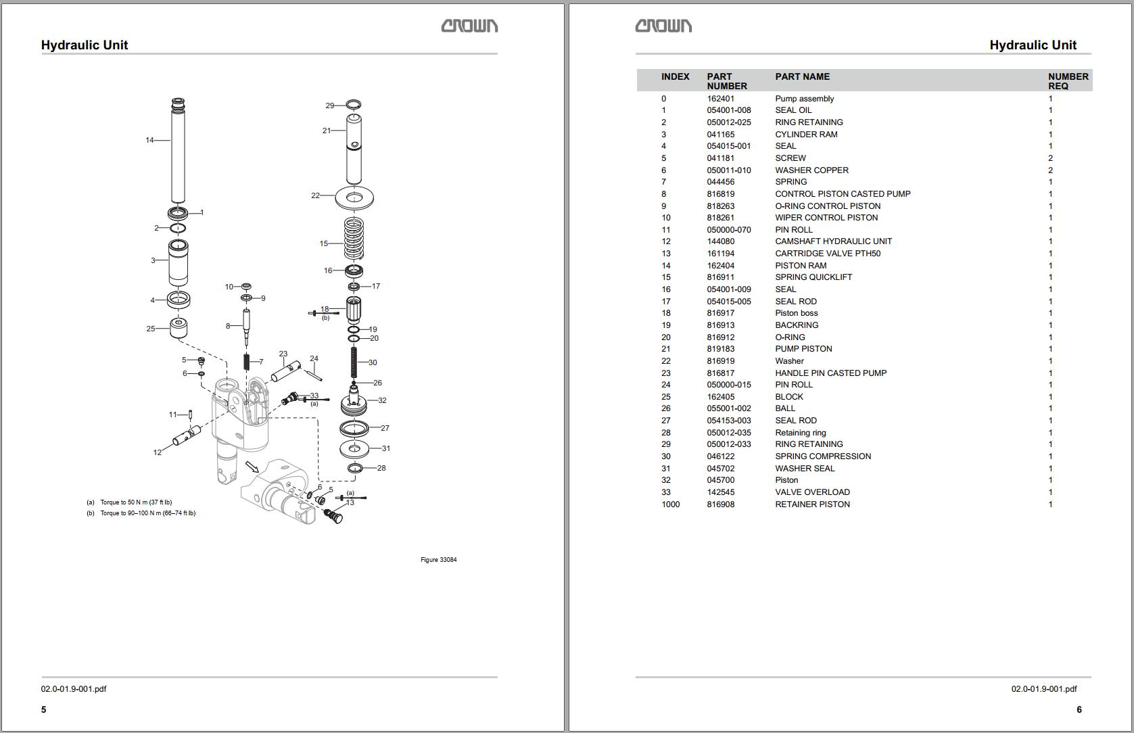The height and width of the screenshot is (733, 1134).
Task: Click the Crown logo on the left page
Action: pos(469,26)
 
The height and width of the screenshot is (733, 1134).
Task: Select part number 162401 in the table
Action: pos(720,99)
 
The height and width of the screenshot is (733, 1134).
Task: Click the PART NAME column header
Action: pos(802,76)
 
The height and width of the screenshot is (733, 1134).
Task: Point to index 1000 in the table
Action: pos(670,504)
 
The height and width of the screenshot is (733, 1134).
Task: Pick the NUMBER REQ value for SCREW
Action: pos(1050,158)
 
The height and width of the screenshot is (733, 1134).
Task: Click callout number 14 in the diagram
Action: pos(149,140)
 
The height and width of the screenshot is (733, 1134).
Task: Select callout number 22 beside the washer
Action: pos(315,195)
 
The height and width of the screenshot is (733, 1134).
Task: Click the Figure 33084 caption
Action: pos(438,560)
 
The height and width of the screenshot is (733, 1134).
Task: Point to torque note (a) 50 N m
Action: pos(135,502)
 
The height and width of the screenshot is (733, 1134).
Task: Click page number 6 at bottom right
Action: pos(1079,709)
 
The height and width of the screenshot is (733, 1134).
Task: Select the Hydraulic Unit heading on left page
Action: pos(85,45)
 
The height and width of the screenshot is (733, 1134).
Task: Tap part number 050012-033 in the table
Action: pos(728,444)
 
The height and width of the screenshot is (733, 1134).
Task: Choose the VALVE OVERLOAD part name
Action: pos(812,492)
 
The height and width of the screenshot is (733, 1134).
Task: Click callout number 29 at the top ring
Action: pos(329,105)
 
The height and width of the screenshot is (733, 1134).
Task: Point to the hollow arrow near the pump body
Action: pos(252,467)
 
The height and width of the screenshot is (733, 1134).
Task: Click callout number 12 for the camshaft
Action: pos(157,452)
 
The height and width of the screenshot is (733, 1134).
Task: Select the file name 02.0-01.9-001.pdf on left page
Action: pos(74,689)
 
